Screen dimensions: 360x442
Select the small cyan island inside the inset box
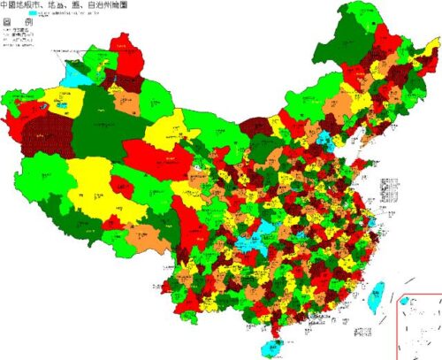[x=405, y=302]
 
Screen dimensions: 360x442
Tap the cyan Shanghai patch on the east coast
[x=372, y=218]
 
